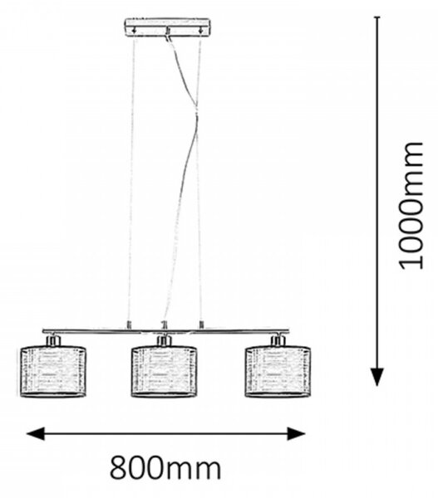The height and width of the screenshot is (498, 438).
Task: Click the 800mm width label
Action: [x=165, y=468]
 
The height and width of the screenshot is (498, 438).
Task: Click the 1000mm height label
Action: [x=411, y=206]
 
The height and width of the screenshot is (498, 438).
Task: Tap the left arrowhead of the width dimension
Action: [x=35, y=433]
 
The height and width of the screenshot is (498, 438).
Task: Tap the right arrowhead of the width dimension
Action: [x=296, y=433]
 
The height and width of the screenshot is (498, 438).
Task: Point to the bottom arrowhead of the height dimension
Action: [x=377, y=377]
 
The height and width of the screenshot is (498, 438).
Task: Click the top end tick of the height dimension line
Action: [x=377, y=17]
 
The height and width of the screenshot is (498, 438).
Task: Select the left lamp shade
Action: [x=53, y=371]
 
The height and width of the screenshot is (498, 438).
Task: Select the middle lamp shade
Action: [x=164, y=371]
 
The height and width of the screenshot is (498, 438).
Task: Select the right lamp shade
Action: [x=278, y=371]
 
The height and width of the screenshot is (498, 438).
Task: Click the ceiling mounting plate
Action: [x=167, y=27]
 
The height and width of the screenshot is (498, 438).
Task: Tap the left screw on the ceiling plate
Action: [x=135, y=31]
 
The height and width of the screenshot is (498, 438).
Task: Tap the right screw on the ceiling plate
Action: [x=200, y=31]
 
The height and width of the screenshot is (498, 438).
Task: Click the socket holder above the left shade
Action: [x=53, y=340]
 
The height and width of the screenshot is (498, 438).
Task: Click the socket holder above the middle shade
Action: [x=164, y=340]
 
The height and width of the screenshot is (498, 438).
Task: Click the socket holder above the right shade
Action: [x=278, y=340]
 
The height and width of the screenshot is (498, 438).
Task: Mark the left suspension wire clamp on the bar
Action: [x=129, y=325]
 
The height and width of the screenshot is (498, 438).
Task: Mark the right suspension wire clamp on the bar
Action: [x=201, y=325]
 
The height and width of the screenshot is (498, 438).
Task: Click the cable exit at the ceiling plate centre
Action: [x=167, y=32]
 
